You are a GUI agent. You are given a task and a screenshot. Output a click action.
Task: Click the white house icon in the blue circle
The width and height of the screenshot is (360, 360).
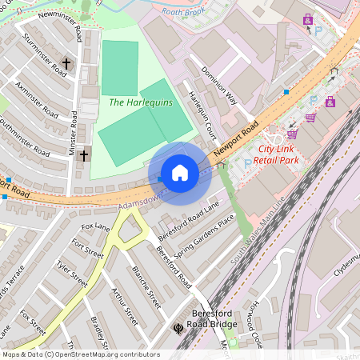[x=180, y=174]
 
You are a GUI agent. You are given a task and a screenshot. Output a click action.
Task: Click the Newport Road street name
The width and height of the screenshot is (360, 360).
[x=237, y=137]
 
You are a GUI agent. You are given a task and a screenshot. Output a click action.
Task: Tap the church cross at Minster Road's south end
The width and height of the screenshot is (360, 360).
[x=82, y=155]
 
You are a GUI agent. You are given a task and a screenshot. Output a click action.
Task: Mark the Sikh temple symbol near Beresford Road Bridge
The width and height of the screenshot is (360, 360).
[x=178, y=326]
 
